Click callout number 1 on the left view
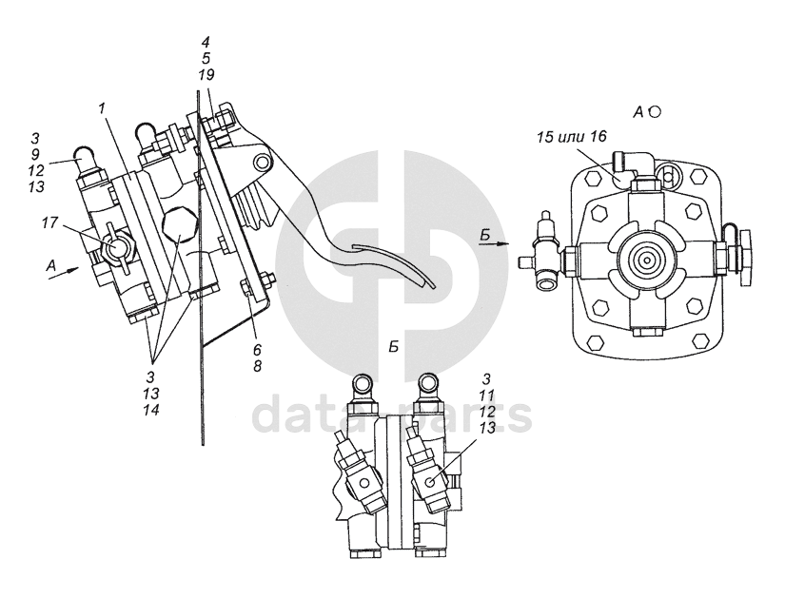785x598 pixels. pos(102,109)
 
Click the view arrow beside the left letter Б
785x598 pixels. pos(496,243)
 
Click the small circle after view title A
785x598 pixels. pos(655,111)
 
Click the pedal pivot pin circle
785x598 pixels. pos(259,163)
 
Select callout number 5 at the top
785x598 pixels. pos(206,59)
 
